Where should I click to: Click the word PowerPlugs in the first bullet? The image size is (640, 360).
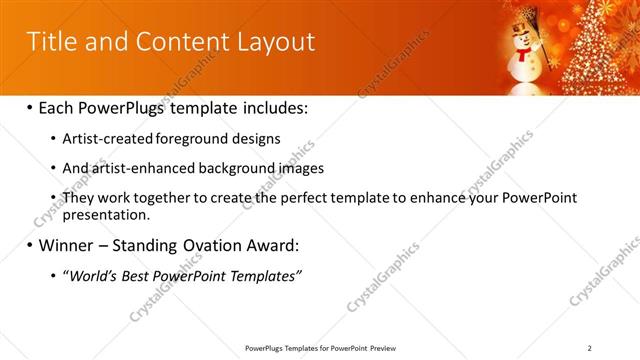pos(125,107)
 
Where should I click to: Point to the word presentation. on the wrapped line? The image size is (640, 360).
pos(106,214)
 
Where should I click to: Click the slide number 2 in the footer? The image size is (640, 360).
pos(590,347)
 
